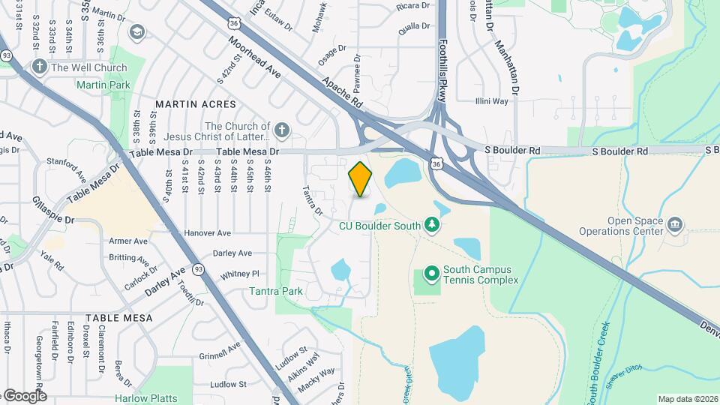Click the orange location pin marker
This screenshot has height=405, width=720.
[361, 178]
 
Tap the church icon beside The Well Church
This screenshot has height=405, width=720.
[40, 67]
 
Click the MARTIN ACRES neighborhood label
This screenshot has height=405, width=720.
[195, 104]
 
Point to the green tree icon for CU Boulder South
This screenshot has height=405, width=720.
[431, 224]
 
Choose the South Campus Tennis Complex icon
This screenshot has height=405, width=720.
[431, 274]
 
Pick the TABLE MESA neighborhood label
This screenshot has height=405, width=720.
[119, 318]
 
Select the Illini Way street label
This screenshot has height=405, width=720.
[492, 100]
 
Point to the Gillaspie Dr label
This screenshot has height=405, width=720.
[53, 208]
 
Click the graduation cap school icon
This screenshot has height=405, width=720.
[136, 31]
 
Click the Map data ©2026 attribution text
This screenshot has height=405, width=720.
[687, 399]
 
